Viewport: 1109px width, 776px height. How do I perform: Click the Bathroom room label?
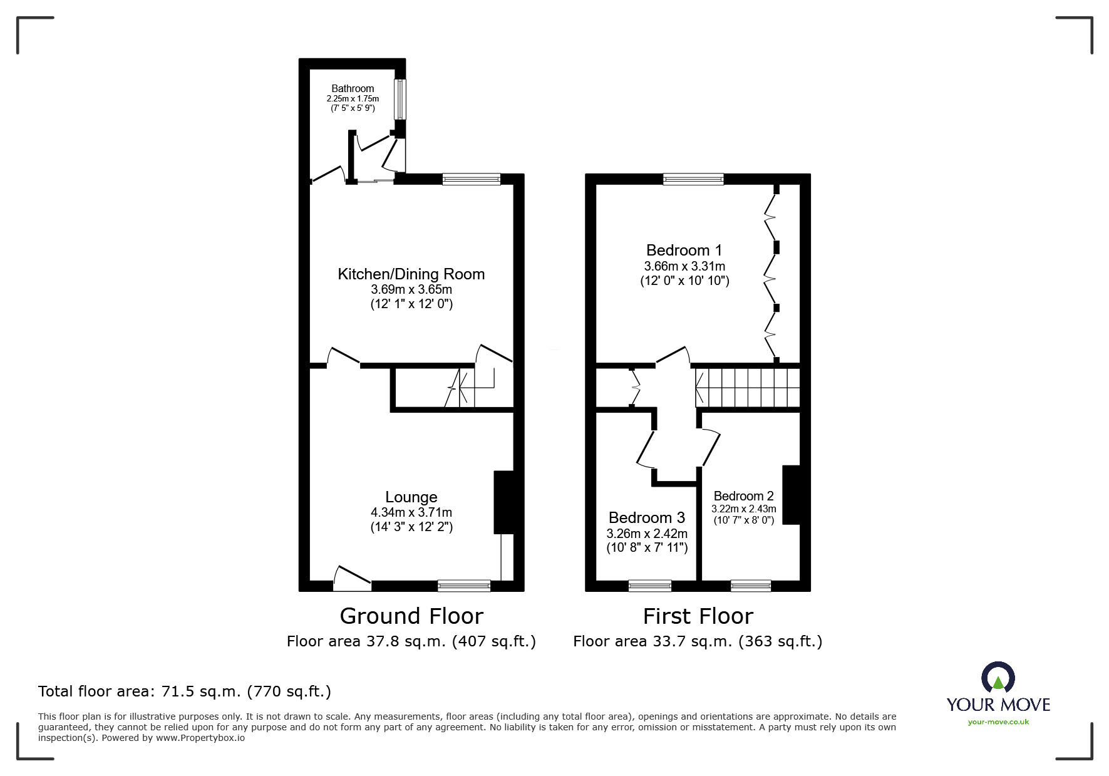353,88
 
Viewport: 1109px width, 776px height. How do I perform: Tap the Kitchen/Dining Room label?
411,274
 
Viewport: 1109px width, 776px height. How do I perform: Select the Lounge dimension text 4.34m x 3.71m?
411,512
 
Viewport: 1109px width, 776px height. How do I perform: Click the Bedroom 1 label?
678,251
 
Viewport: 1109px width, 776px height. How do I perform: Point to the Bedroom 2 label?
743,496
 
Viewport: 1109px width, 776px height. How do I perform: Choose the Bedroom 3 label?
646,517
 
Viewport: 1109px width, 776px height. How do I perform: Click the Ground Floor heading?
411,616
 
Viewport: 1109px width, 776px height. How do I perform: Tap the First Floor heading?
698,616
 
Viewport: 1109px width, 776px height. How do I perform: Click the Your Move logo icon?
998,678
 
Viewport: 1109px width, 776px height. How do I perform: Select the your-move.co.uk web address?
998,722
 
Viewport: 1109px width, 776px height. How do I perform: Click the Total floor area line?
185,691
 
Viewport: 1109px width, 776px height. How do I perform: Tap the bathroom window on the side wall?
399,99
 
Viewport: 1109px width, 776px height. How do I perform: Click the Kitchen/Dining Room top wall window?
471,179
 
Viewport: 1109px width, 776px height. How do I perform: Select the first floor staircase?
748,388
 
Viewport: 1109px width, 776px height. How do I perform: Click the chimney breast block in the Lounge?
503,502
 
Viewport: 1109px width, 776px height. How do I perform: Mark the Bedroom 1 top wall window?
693,179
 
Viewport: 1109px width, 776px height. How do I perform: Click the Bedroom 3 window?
650,586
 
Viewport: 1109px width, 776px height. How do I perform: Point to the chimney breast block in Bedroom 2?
791,494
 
